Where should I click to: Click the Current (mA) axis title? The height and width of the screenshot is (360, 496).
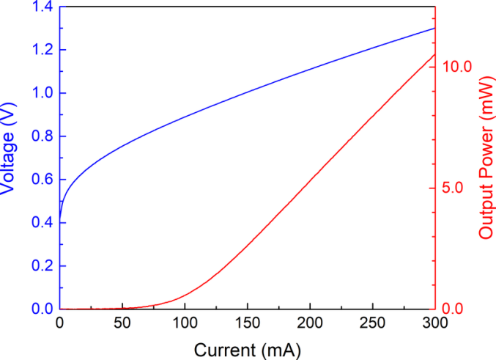tap(247, 348)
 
